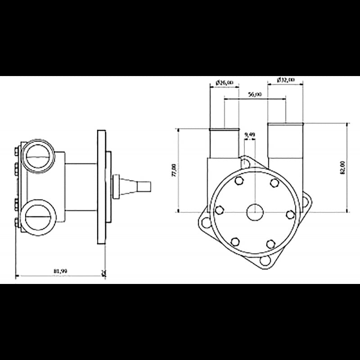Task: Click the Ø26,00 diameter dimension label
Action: tap(225, 82)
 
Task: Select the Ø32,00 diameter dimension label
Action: tap(285, 80)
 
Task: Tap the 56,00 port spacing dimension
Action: tap(255, 95)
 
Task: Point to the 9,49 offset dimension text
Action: tap(249, 135)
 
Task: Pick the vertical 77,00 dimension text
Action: tap(174, 170)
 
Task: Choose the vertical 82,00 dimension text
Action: tap(342, 167)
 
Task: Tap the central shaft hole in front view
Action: tap(255, 211)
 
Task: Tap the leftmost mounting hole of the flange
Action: tap(206, 221)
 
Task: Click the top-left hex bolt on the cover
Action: tap(239, 181)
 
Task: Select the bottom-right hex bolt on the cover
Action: tap(270, 243)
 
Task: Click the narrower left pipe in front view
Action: tap(225, 144)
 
